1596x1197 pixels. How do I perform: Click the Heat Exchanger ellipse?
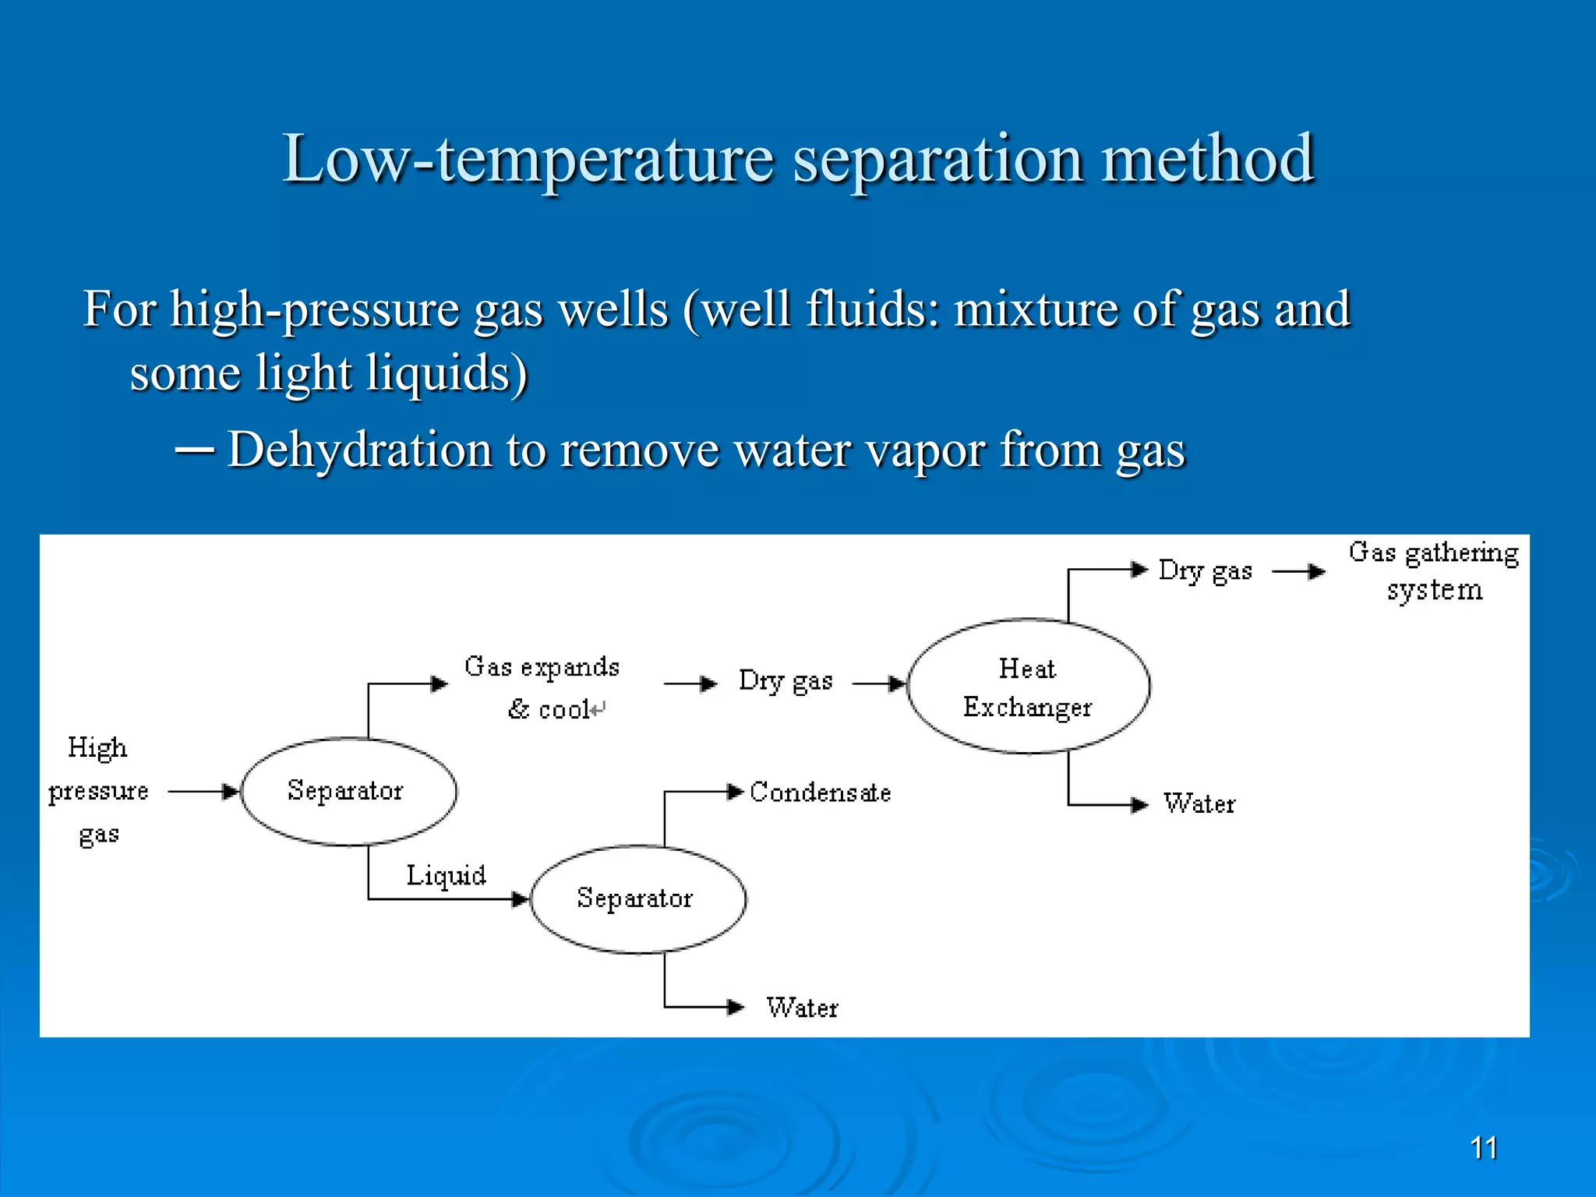1028,687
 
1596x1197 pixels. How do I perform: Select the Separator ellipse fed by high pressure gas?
348,791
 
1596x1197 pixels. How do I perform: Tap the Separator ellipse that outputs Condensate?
637,899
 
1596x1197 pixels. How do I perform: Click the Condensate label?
820,793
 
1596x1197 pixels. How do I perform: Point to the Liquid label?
446,875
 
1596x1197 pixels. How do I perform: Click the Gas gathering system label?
1434,570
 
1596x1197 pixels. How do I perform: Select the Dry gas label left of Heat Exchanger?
786,681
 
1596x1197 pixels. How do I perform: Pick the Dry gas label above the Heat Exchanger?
1205,571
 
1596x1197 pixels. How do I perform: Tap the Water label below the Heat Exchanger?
1199,803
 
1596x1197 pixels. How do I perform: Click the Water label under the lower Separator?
802,1008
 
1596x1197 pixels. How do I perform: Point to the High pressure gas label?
98,790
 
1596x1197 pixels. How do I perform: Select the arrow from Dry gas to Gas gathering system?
1298,572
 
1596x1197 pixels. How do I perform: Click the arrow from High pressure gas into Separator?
203,792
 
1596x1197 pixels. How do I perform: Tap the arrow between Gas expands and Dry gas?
690,684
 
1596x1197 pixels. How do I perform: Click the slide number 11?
1483,1148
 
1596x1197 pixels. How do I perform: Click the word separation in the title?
937,159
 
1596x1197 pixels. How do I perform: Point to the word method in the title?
1208,159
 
